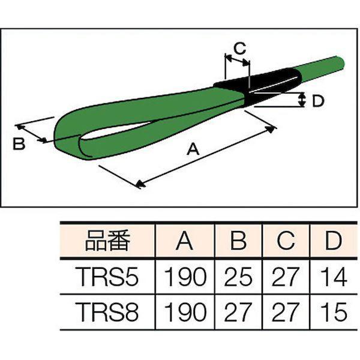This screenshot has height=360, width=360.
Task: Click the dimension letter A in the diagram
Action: (x=193, y=149)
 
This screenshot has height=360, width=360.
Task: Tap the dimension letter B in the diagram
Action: (x=19, y=144)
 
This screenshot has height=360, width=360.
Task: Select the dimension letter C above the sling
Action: (x=239, y=48)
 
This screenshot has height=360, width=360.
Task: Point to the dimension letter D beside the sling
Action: (x=318, y=101)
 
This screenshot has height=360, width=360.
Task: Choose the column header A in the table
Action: (x=185, y=241)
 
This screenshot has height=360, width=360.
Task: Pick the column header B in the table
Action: (x=239, y=241)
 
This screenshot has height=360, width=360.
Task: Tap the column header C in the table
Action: (x=286, y=241)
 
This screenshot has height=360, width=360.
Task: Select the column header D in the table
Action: (x=334, y=241)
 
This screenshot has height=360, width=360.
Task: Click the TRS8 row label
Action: (x=108, y=311)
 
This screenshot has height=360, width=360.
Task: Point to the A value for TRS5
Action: (x=185, y=277)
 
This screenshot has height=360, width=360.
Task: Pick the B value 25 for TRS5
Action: (x=238, y=277)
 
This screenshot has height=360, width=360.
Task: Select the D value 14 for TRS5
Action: (x=334, y=277)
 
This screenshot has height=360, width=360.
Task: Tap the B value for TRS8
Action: (x=237, y=311)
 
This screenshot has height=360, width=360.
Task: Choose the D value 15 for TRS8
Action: (x=334, y=311)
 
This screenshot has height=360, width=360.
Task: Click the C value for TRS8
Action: (x=284, y=311)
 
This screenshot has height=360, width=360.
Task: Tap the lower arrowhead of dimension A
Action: (x=140, y=184)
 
